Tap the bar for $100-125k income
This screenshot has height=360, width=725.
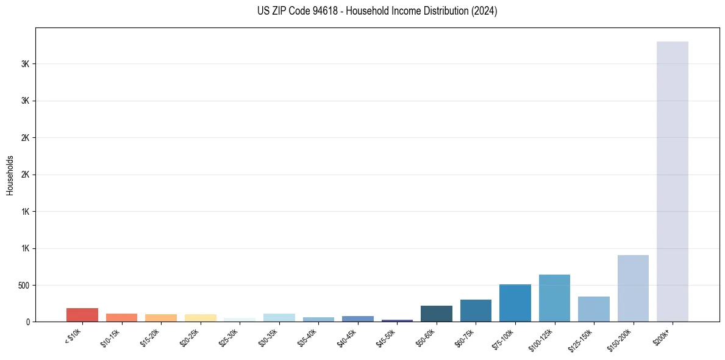pos(554,298)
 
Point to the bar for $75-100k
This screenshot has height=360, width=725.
pos(515,303)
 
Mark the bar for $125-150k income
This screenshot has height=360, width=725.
pos(594,309)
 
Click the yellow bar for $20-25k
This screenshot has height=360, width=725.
pos(200,318)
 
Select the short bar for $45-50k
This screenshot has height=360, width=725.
pos(397,320)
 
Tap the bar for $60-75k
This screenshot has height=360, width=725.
pos(476,311)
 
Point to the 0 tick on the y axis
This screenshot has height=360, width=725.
pos(28,322)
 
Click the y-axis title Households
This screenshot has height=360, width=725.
pos(10,175)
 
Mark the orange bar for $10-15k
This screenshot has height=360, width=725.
pos(121,317)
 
